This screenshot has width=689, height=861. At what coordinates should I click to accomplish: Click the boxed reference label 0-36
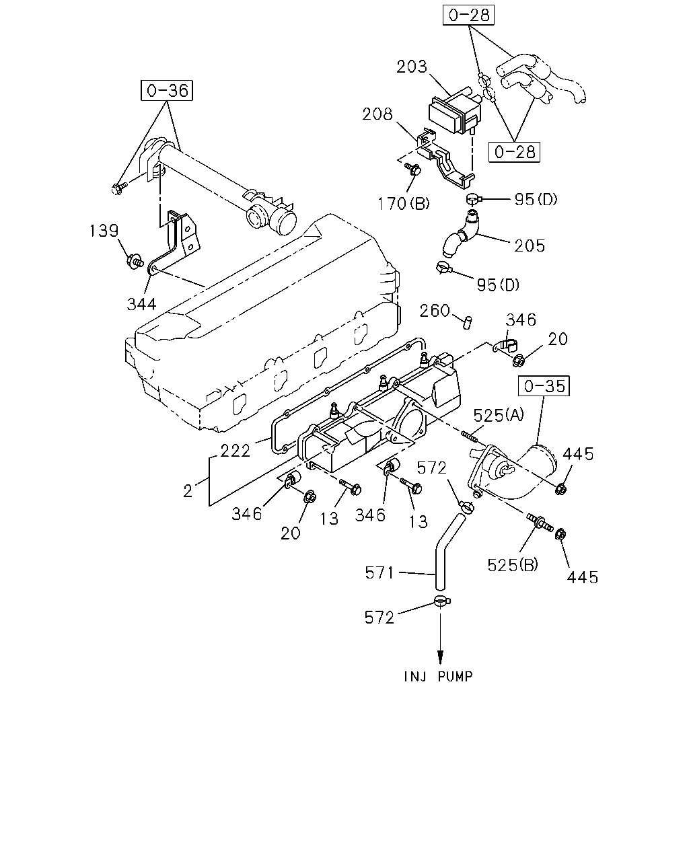(x=167, y=90)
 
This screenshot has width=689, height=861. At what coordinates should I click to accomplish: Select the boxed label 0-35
(x=544, y=386)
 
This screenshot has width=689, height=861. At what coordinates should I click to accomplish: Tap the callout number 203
(x=412, y=67)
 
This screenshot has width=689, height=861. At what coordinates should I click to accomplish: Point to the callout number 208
(x=377, y=114)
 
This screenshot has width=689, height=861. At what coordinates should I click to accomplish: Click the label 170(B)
(x=403, y=204)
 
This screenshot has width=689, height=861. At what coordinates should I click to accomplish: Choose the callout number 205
(x=530, y=246)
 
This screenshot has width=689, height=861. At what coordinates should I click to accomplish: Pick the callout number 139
(x=104, y=231)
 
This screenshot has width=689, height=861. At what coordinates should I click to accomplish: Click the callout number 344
(x=141, y=305)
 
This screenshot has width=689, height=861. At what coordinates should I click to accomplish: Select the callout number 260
(x=435, y=311)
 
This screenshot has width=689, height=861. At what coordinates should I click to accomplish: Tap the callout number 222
(x=235, y=451)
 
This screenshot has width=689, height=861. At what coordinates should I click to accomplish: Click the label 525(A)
(x=499, y=416)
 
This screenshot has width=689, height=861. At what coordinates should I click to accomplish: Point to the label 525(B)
(x=513, y=565)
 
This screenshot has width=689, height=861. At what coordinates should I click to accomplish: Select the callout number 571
(x=379, y=573)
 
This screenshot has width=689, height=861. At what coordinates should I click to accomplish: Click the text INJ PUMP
(x=439, y=677)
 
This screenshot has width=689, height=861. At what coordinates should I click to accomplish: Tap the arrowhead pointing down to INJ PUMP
(x=440, y=657)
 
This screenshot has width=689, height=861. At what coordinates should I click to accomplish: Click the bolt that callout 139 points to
(x=135, y=262)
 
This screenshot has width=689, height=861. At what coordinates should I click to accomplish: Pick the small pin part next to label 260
(x=468, y=322)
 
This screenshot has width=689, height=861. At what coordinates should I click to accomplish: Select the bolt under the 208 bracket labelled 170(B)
(x=412, y=170)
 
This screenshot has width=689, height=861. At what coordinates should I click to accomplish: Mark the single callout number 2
(x=187, y=491)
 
